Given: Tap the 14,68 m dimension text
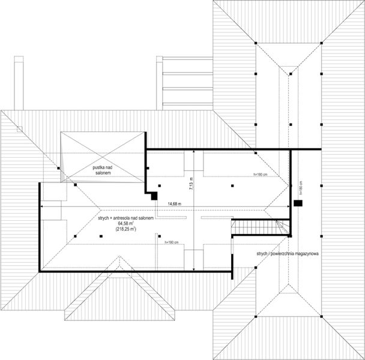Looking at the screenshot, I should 176,203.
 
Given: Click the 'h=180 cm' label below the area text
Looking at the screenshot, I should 172,242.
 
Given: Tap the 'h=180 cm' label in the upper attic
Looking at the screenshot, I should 260,174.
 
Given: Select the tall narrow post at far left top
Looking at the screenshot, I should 19,83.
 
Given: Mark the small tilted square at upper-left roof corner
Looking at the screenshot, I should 19,128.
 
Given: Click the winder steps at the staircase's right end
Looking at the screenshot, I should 282,228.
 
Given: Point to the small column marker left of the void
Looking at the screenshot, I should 58,169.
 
